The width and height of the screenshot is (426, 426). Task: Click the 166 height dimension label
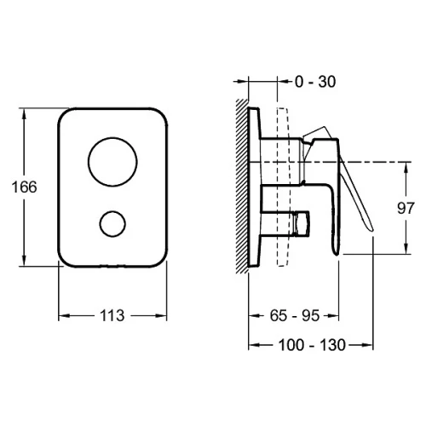click(24, 187)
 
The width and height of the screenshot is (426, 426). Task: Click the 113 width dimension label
click(112, 315)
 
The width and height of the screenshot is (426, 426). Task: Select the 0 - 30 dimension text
click(315, 82)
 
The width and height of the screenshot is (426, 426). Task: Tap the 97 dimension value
click(406, 208)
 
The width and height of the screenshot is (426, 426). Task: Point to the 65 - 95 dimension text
click(295, 315)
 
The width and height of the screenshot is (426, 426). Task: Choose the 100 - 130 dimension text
click(312, 345)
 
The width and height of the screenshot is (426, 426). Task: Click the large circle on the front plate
click(112, 162)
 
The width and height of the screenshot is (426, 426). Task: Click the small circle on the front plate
click(112, 224)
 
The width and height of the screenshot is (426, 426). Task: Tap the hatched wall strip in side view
click(242, 186)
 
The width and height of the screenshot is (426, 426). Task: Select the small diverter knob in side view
click(302, 223)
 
